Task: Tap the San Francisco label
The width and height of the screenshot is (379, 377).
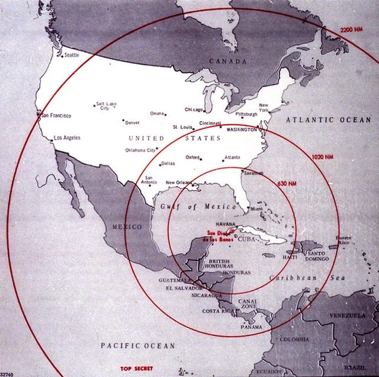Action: (x=56, y=116)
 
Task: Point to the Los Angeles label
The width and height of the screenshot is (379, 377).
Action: (x=66, y=138)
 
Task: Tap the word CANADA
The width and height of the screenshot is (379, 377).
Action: (x=228, y=61)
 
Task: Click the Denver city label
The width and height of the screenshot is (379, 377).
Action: (x=132, y=123)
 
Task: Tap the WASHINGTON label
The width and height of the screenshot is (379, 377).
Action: (x=242, y=129)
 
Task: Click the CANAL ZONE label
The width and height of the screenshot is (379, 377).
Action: (x=247, y=305)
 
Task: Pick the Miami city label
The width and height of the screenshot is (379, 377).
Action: (x=256, y=209)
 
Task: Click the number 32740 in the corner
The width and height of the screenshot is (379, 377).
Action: (x=8, y=373)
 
